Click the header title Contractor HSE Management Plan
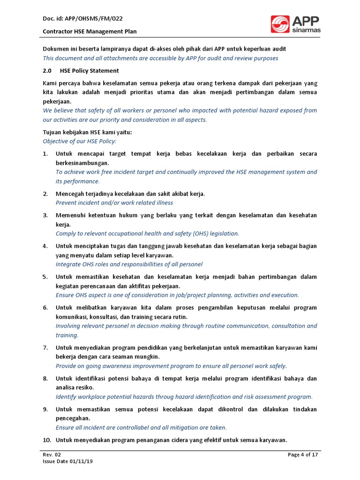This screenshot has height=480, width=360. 90,31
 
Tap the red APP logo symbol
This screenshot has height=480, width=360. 280,24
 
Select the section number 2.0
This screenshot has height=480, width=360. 47,71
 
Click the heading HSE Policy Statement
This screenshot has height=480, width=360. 90,71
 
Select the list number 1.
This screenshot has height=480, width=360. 45,154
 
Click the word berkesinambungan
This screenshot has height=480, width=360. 82,163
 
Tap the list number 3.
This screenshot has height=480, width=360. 45,215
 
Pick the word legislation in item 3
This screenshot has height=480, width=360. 223,233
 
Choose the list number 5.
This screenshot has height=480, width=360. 45,277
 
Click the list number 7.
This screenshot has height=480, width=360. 45,347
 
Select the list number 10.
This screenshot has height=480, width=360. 46,440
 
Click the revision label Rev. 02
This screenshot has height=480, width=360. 52,455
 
